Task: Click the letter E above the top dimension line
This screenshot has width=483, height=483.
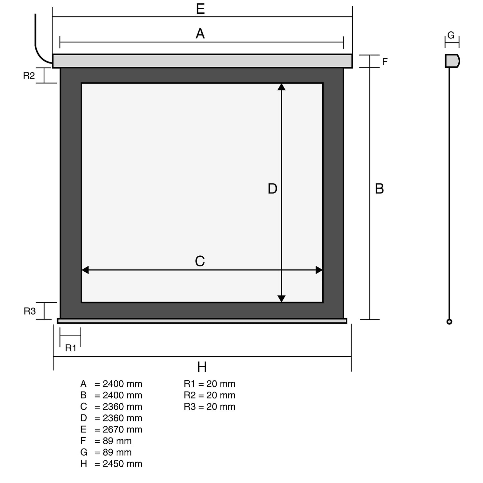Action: click(200, 9)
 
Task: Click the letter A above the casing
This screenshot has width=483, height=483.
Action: click(200, 33)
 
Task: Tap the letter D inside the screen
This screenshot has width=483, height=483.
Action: click(272, 189)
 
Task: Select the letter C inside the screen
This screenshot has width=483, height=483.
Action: click(200, 261)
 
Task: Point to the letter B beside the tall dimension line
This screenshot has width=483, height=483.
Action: click(379, 189)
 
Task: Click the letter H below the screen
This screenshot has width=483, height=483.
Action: click(202, 367)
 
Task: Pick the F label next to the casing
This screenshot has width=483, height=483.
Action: click(385, 62)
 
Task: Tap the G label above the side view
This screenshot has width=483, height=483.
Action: click(451, 35)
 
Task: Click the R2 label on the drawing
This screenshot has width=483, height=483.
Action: click(29, 76)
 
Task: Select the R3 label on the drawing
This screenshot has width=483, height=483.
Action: click(29, 311)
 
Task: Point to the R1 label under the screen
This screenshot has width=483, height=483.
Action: click(71, 348)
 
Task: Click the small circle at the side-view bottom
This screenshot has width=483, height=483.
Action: click(450, 322)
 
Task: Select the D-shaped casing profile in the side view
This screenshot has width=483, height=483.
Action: click(453, 61)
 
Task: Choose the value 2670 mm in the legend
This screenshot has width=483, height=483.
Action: click(122, 430)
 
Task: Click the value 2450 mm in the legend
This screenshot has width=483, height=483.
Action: click(122, 464)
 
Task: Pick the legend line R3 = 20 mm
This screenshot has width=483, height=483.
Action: click(210, 406)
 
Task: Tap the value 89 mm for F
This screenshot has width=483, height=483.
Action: click(117, 441)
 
